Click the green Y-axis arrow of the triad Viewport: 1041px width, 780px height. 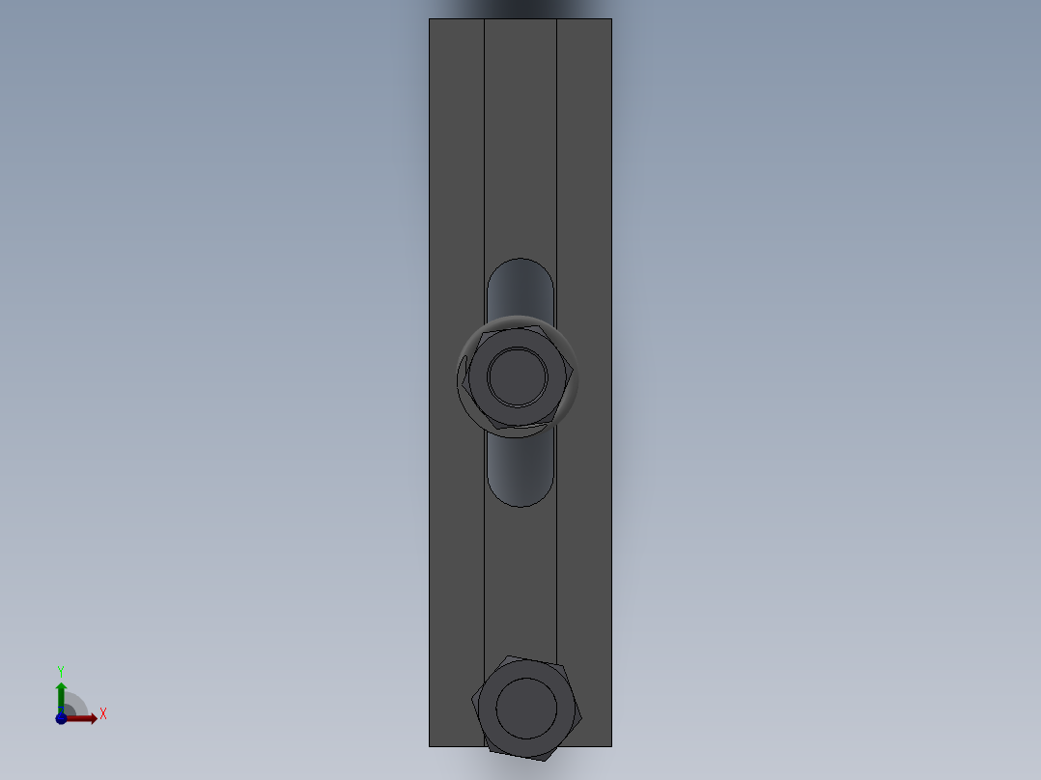pyautogui.click(x=61, y=691)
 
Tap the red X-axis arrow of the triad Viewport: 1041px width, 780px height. pyautogui.click(x=88, y=718)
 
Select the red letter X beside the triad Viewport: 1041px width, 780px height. pyautogui.click(x=102, y=714)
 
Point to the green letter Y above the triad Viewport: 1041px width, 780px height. pyautogui.click(x=61, y=671)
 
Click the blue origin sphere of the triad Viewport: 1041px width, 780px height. pyautogui.click(x=61, y=718)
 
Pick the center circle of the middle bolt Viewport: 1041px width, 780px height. pyautogui.click(x=518, y=376)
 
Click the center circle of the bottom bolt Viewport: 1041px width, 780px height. pyautogui.click(x=526, y=707)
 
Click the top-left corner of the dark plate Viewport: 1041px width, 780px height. pyautogui.click(x=430, y=19)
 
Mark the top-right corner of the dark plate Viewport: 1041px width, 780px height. pyautogui.click(x=611, y=19)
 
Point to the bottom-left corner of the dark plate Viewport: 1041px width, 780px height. pyautogui.click(x=430, y=745)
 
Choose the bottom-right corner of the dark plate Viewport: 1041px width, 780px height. pyautogui.click(x=611, y=745)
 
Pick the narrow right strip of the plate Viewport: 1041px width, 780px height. pyautogui.click(x=584, y=193)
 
